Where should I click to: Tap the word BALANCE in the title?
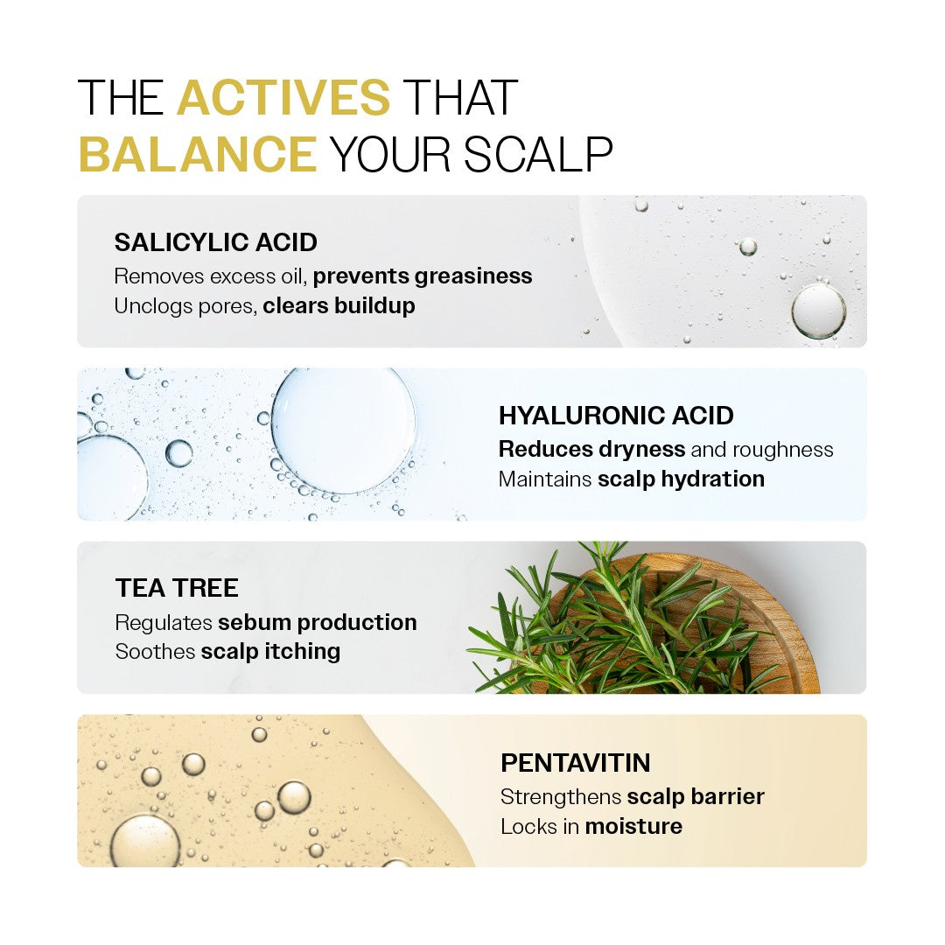198,154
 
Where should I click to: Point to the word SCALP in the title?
537,154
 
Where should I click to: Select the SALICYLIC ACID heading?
216,242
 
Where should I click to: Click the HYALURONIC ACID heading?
616,416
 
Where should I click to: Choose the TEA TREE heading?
177,588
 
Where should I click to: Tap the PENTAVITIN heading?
576,762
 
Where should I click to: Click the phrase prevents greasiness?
423,276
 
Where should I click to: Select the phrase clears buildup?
339,305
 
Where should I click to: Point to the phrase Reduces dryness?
591,449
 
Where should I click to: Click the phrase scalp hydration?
681,479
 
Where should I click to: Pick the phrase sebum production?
317,622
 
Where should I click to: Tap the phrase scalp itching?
270,652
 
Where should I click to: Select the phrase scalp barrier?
696,796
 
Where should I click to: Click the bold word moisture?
633,826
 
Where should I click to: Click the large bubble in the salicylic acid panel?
818,311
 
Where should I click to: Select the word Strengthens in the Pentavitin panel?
561,797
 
